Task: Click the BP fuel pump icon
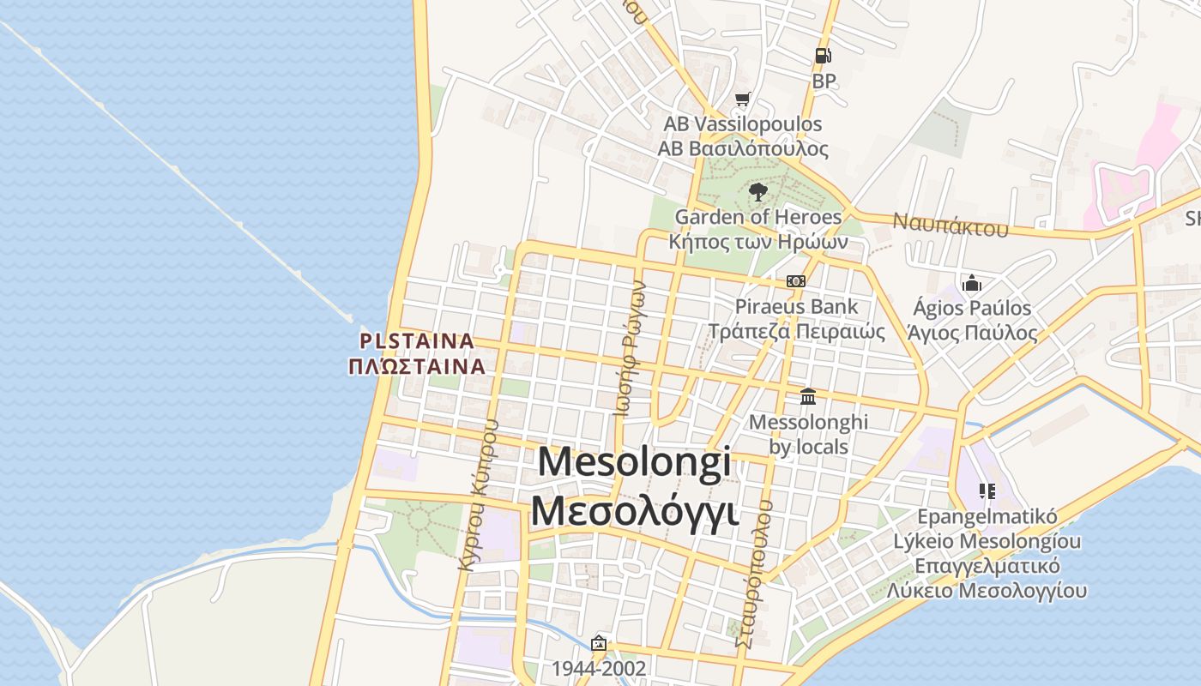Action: point(823,56)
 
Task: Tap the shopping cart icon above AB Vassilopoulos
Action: point(743,99)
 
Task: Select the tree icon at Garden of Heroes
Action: point(757,192)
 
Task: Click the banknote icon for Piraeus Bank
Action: point(796,281)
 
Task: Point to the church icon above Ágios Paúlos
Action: point(972,282)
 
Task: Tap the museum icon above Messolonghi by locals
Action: point(808,396)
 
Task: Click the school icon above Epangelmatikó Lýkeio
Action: point(987,491)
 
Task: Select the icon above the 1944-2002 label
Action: point(599,643)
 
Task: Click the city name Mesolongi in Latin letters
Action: point(635,462)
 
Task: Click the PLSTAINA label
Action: point(417,341)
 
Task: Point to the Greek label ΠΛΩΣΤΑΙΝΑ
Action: point(417,366)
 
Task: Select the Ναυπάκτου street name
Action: point(951,225)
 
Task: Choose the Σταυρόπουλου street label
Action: point(754,573)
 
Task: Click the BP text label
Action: point(824,81)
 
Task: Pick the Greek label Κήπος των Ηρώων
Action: point(758,241)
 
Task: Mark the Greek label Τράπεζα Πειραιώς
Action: point(796,331)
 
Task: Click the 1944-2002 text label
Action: point(598,668)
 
